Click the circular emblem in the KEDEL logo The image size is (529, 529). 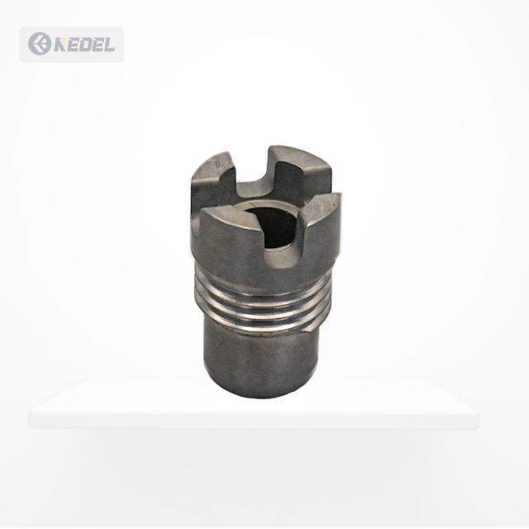click(x=40, y=44)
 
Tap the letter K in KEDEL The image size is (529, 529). click(x=61, y=44)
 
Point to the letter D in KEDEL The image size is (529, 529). click(x=87, y=44)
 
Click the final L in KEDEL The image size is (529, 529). click(x=109, y=44)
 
